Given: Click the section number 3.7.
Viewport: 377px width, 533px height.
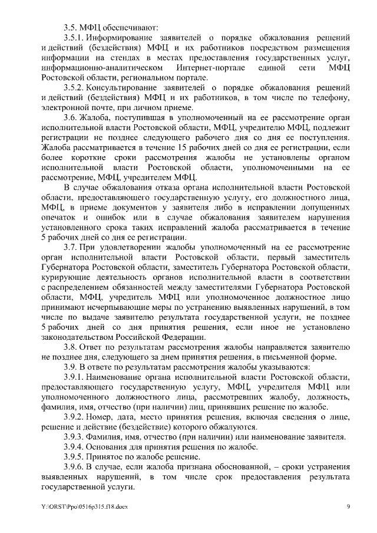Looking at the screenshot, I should pos(72,249).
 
